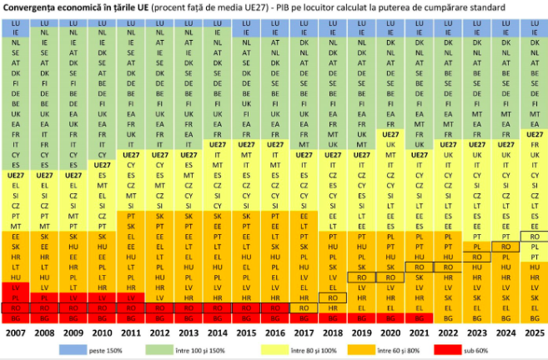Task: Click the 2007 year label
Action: click(16, 332)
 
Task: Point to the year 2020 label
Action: click(389, 332)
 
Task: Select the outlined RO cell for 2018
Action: click(331, 297)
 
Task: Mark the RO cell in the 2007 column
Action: click(16, 307)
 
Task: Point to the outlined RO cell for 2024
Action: click(505, 247)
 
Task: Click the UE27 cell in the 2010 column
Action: click(103, 165)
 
